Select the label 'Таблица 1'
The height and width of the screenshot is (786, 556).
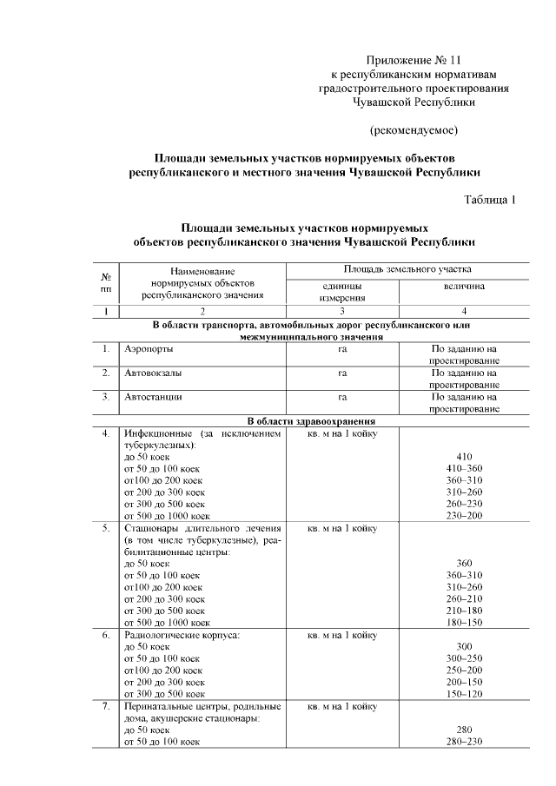point(490,199)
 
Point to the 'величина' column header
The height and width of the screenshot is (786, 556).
point(465,286)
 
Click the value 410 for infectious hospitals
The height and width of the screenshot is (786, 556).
point(463,455)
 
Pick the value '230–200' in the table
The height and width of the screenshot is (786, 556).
point(463,515)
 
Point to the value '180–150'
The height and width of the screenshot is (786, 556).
point(463,622)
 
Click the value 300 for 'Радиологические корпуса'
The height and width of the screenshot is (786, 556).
point(463,646)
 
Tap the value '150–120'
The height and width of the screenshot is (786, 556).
point(463,694)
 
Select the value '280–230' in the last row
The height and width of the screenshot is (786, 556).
point(463,742)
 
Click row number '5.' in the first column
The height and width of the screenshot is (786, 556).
point(105,527)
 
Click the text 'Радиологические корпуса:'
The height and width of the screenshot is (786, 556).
point(182,635)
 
